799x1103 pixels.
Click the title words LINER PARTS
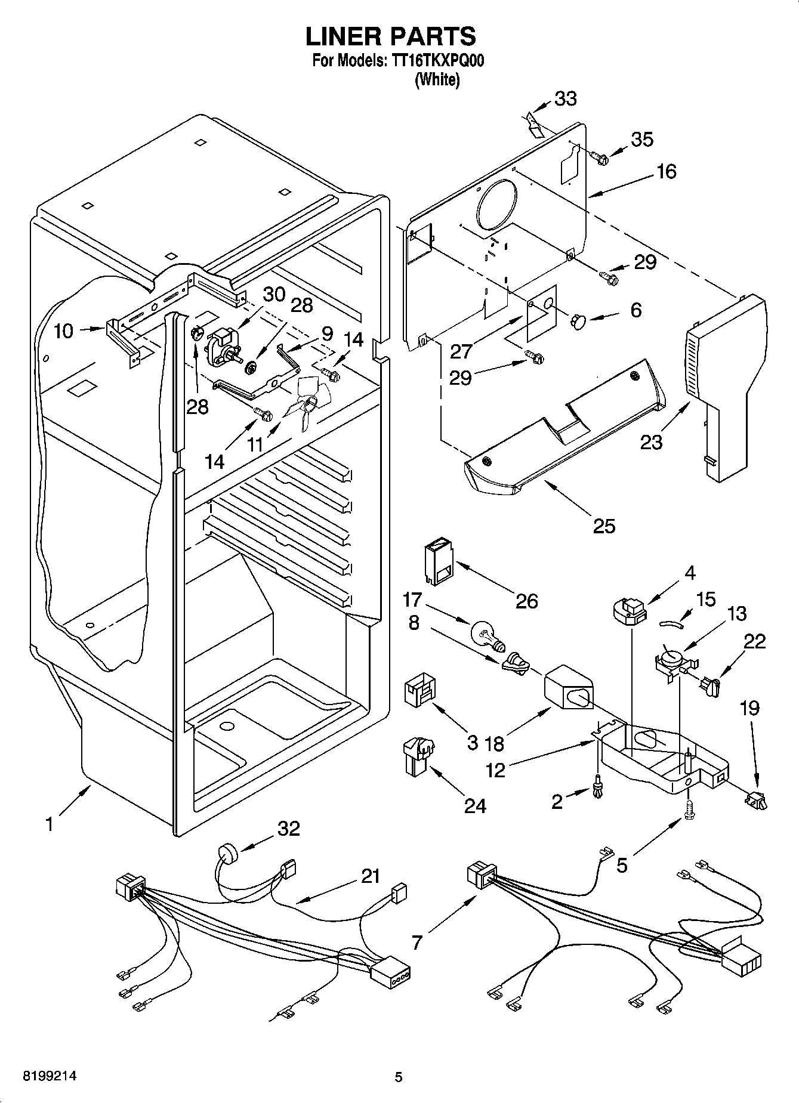pos(391,36)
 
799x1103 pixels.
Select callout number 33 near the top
pos(565,99)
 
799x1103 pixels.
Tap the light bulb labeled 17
pos(486,634)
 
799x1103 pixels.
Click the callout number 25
pos(604,526)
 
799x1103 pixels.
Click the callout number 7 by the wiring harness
pos(417,942)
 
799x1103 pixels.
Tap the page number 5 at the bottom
pos(399,1077)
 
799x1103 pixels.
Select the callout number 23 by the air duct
pos(651,442)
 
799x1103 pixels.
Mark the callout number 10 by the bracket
pos(63,331)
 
